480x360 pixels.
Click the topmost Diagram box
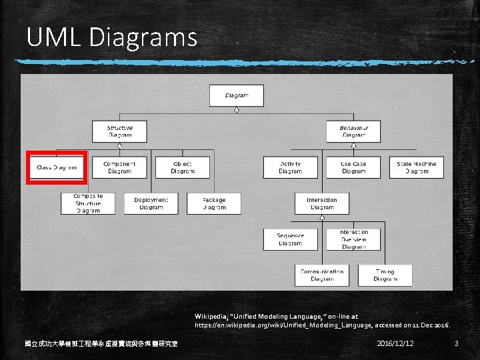tap(236, 95)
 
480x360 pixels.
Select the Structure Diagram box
tap(119, 131)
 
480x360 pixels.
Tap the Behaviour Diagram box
tap(353, 131)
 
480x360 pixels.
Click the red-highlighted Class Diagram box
tap(57, 167)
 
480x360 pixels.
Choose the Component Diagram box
tap(119, 167)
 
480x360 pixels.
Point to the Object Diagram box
tap(182, 167)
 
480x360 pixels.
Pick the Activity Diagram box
tap(290, 167)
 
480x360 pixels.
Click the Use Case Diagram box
tap(353, 167)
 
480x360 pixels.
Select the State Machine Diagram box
tap(416, 167)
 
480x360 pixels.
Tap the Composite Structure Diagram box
tap(88, 203)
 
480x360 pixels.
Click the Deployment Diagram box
tap(151, 203)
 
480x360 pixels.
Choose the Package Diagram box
tap(213, 203)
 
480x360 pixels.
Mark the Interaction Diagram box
tap(321, 203)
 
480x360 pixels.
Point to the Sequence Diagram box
tap(290, 239)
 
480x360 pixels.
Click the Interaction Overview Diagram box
tap(353, 239)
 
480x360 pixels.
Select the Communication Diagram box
tap(321, 275)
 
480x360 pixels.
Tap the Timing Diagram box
tap(385, 275)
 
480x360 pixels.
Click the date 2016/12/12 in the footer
tap(395, 343)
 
